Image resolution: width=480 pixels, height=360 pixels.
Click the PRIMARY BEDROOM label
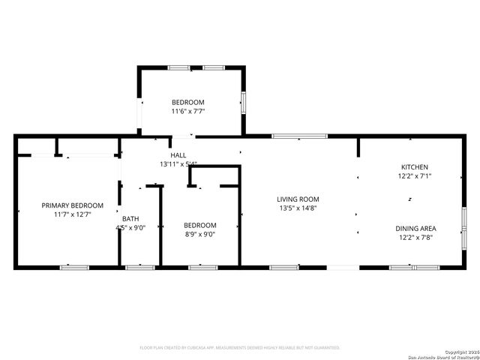(72, 205)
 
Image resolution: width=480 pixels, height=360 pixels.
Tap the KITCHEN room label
(415, 166)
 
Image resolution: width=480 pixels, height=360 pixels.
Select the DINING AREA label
(416, 228)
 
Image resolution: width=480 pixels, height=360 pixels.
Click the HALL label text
(178, 154)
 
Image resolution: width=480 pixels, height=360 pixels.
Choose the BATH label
(130, 219)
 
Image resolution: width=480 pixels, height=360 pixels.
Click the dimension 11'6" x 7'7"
(187, 111)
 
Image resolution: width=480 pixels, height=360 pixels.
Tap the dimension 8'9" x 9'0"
(200, 234)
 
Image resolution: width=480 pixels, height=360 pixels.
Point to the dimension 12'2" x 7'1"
(415, 176)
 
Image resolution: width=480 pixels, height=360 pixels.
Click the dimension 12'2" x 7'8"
(416, 237)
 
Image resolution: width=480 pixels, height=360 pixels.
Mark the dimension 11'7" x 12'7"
(72, 214)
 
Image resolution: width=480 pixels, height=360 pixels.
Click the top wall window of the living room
(299, 136)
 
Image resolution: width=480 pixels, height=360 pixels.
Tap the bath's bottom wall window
(140, 266)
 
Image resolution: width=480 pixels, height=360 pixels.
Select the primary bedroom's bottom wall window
(74, 266)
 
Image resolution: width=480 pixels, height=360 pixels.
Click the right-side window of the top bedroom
(243, 102)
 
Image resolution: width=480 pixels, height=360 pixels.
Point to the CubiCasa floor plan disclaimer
(240, 347)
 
